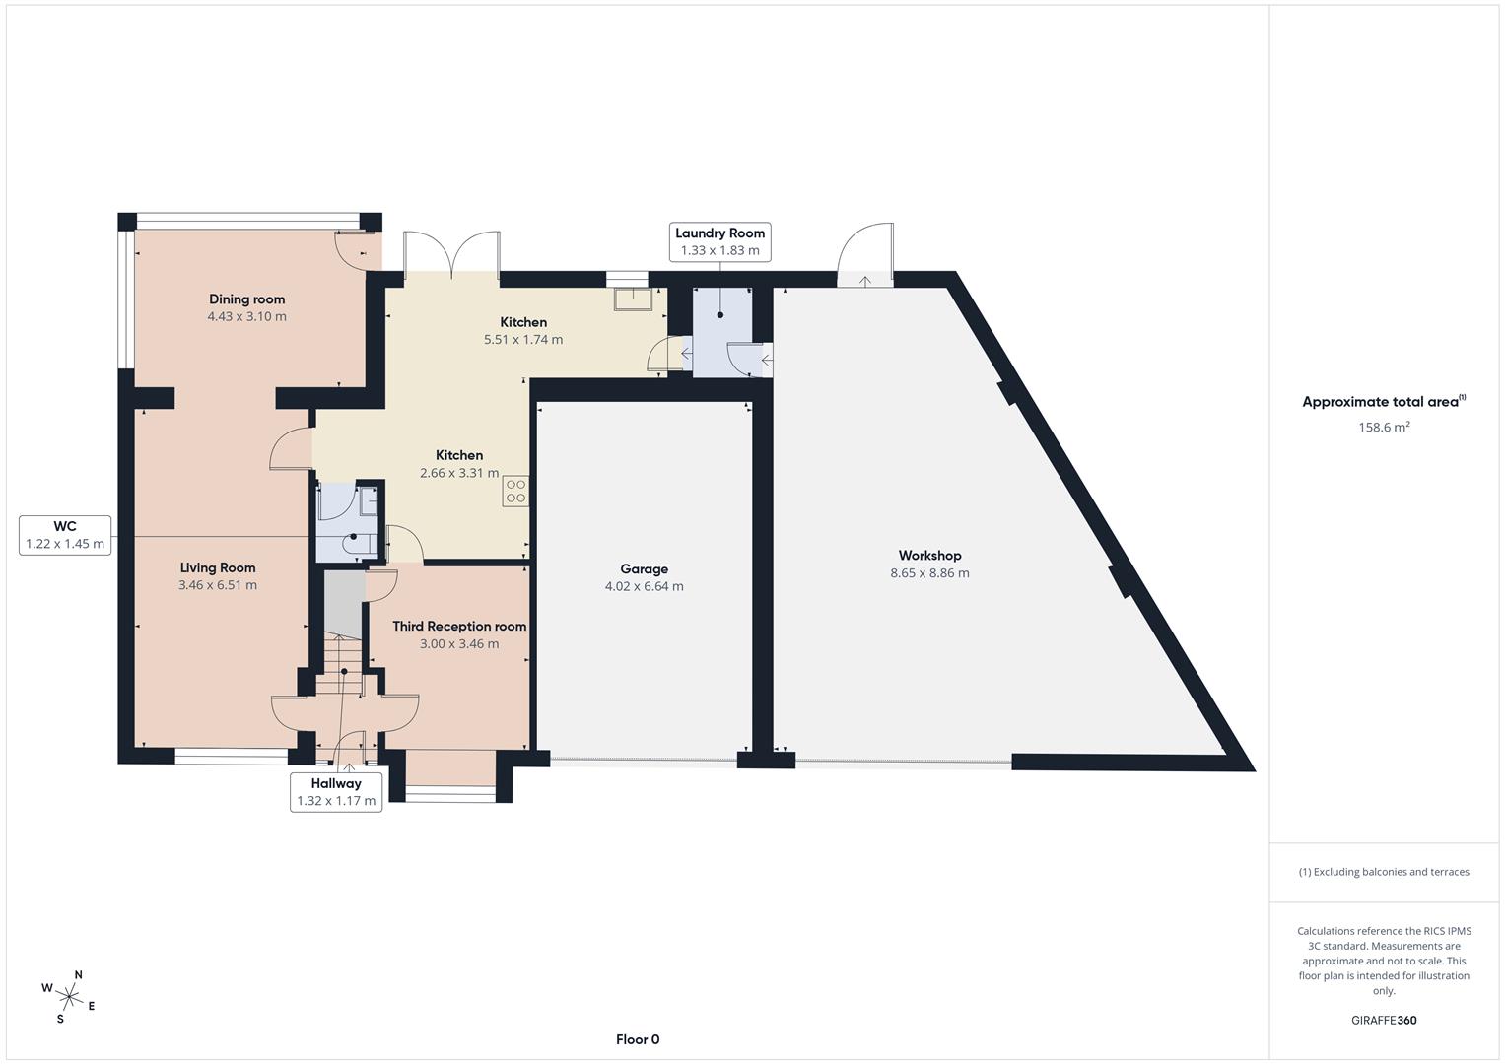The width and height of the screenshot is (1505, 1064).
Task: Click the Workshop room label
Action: [929, 556]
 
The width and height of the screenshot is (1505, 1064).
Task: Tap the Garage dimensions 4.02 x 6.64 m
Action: [644, 586]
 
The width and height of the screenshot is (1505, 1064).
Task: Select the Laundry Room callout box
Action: [719, 241]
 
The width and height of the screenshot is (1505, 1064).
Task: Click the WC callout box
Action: [65, 535]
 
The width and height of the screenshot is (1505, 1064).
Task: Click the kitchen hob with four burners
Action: [515, 491]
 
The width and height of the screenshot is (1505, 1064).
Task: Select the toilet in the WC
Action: [356, 542]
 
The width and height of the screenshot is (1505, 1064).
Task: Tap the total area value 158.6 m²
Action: [1384, 428]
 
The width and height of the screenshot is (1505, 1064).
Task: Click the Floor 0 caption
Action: [638, 1039]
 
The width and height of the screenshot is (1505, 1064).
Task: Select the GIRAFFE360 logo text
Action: [1384, 1021]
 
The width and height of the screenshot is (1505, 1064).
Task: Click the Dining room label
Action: [246, 299]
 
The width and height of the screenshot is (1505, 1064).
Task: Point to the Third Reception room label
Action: [459, 627]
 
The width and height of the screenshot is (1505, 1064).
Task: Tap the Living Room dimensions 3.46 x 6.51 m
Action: [218, 585]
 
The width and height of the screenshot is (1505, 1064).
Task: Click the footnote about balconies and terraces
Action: [1384, 872]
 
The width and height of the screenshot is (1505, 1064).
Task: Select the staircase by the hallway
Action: [342, 655]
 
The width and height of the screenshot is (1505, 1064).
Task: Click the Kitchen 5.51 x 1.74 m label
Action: [523, 330]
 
